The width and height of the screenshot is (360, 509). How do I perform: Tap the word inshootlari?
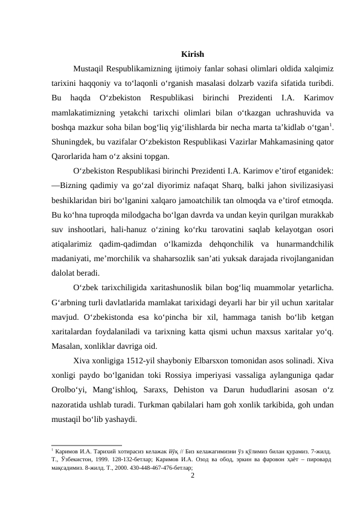click(x=91, y=227)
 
